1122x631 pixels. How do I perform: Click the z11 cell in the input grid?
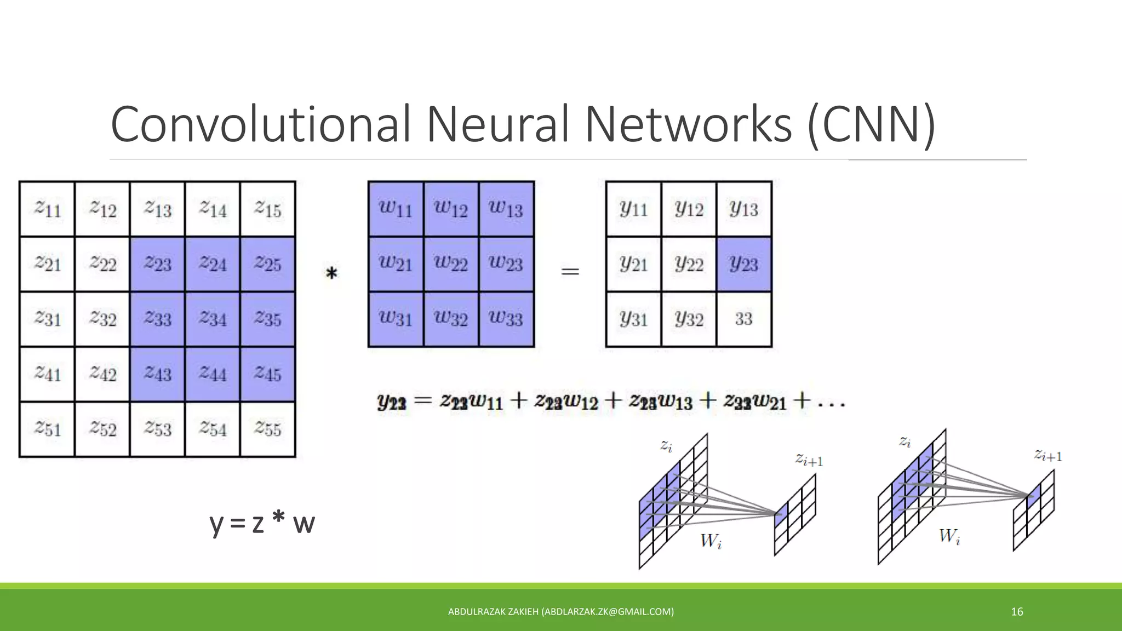[x=47, y=209]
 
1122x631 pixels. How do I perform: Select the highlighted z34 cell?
[x=213, y=319]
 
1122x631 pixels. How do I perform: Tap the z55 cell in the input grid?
[x=268, y=429]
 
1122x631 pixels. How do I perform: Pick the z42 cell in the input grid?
[x=102, y=374]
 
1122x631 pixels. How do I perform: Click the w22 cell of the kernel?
[x=451, y=263]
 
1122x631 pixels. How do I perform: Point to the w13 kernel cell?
[x=506, y=208]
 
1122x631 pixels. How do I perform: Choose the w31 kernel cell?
[x=396, y=319]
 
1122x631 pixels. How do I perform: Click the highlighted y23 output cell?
[x=744, y=263]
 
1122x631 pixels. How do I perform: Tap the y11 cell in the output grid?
[x=634, y=208]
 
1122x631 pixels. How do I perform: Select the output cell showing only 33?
[x=744, y=319]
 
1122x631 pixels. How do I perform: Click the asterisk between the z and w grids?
[x=331, y=273]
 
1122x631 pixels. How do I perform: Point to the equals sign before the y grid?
[x=570, y=271]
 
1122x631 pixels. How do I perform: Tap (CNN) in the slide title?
[x=871, y=124]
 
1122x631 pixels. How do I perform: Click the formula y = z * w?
[x=262, y=523]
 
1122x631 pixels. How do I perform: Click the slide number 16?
[x=1017, y=612]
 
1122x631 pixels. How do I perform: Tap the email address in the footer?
[x=608, y=612]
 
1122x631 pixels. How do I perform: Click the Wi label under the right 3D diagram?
[x=949, y=536]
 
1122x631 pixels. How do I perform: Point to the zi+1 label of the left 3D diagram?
[x=809, y=460]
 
